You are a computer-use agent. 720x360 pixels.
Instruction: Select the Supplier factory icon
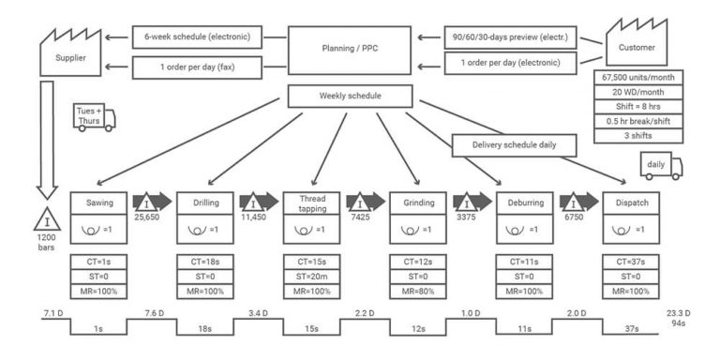coord(70,52)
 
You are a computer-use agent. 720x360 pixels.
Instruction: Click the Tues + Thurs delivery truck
coord(95,118)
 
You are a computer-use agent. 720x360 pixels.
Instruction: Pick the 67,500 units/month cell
coord(638,77)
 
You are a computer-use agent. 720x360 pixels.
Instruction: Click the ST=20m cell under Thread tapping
coord(311,277)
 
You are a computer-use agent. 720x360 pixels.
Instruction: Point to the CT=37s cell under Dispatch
coord(631,262)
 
